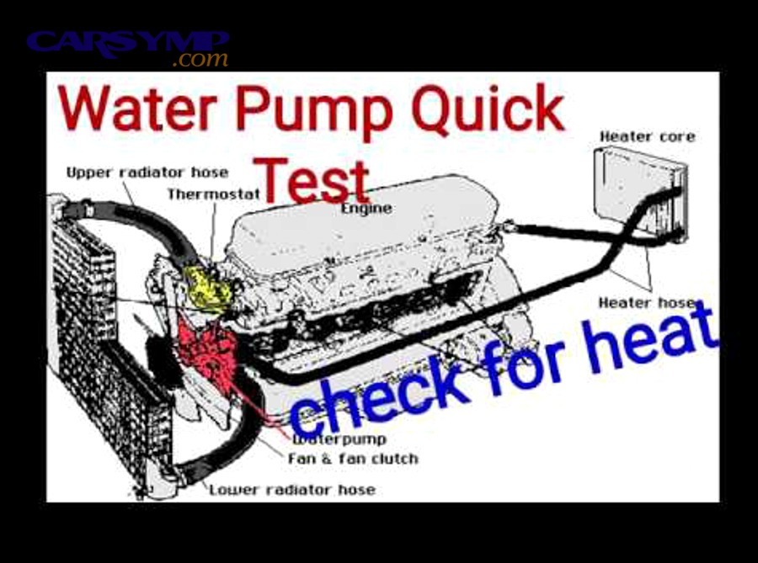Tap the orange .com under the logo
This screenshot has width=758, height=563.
[x=200, y=60]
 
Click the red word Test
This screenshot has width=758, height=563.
[x=313, y=178]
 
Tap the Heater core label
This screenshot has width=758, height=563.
[x=647, y=135]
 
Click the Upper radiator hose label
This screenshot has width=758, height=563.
[x=147, y=173]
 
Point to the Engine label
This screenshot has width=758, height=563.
[x=366, y=208]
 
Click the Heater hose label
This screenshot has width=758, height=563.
[x=645, y=302]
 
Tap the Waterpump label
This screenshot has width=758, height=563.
[x=339, y=439]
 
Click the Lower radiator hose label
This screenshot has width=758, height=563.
[x=291, y=489]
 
